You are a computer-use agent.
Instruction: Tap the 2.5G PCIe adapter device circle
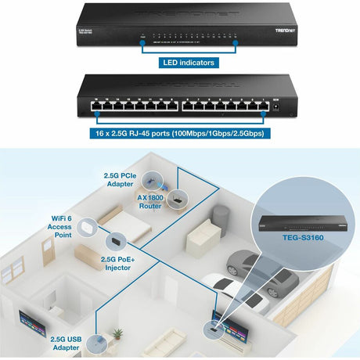[152, 177]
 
